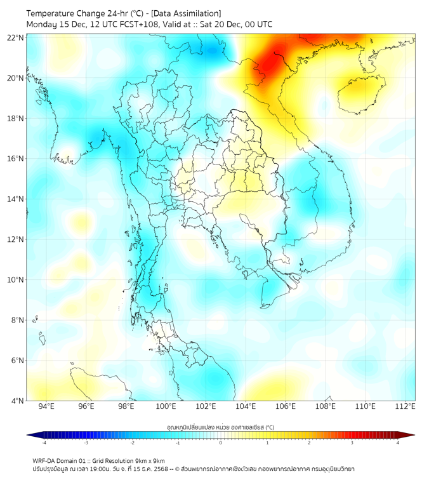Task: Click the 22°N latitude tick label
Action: [x=16, y=37]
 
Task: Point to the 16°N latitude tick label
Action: [x=16, y=159]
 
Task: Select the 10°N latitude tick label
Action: [x=16, y=279]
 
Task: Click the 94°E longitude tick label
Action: [x=46, y=406]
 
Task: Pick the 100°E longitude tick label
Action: [x=166, y=406]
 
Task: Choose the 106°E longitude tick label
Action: [x=286, y=406]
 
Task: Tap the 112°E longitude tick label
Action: [x=406, y=406]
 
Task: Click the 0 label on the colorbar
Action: [x=221, y=443]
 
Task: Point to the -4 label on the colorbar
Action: [x=43, y=443]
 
